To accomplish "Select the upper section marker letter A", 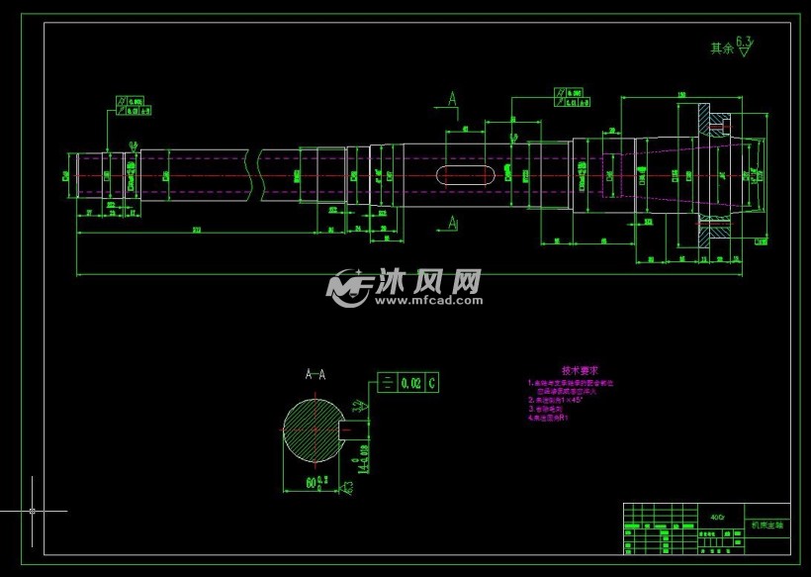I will coord(452,99).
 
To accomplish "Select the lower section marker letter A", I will coord(452,223).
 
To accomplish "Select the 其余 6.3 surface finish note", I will coord(731,46).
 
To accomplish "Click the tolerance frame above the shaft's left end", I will coord(130,106).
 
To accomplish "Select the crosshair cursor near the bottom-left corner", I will coord(33,511).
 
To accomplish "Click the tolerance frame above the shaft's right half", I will coord(571,97).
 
